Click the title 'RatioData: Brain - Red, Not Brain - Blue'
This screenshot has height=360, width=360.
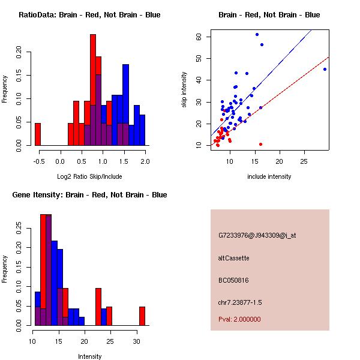[89, 15]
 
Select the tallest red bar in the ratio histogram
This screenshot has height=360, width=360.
[93, 90]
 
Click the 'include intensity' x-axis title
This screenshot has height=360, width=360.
[269, 177]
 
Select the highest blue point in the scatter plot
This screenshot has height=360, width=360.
[257, 35]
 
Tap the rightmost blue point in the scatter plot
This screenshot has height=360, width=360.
[325, 70]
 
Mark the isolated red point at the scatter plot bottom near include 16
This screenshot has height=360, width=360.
[260, 144]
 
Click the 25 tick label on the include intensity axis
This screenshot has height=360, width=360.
[304, 162]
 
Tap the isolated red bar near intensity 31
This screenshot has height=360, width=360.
[142, 316]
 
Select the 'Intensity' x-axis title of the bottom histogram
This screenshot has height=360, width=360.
[90, 356]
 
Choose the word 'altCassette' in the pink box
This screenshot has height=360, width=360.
[233, 258]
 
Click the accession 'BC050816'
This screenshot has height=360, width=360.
[233, 280]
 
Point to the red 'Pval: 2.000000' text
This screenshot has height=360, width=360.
[239, 319]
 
